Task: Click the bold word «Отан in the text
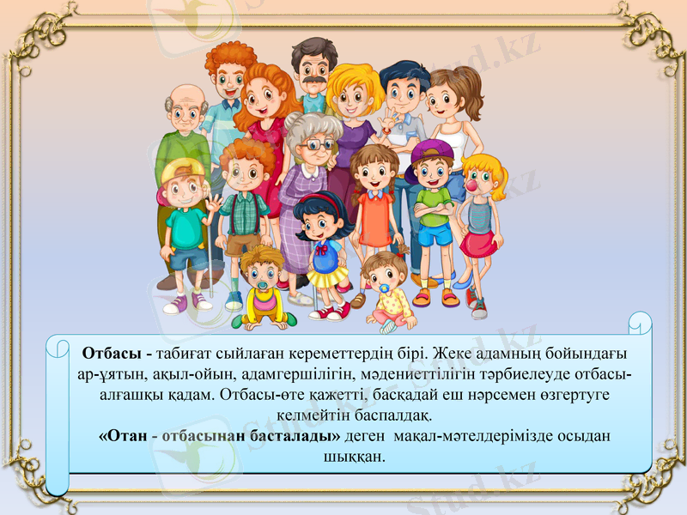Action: pos(122,436)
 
